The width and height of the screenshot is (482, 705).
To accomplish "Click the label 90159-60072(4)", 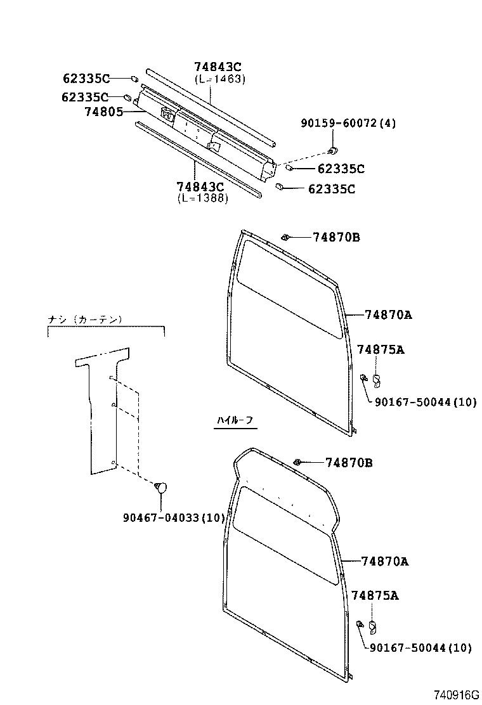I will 348,123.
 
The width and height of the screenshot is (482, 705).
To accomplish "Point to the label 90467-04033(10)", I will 174,517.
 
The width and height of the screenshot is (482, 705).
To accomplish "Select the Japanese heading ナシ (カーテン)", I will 85,320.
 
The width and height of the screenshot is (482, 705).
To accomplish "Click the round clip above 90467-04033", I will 161,487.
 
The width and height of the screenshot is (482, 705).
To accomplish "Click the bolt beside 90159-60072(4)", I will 332,151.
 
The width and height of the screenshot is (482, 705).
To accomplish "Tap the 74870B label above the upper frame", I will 336,237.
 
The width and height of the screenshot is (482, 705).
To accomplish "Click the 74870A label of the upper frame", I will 388,314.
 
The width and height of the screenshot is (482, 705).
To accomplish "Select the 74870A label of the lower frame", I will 384,560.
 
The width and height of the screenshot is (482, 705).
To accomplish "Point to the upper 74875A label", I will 381,349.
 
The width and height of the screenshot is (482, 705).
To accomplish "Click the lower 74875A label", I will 375,595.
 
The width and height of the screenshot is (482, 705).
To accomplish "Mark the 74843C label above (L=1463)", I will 218,67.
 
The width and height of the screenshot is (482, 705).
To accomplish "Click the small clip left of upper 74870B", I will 286,238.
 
